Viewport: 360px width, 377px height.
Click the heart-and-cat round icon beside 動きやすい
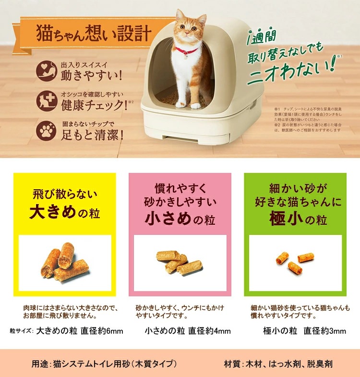(x=47, y=70)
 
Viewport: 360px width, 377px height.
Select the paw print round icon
(x=47, y=130)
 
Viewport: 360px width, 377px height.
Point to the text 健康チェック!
(x=94, y=104)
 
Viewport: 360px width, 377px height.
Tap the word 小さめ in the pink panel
(x=166, y=219)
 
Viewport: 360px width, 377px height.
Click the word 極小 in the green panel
(x=281, y=219)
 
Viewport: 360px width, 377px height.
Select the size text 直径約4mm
(x=210, y=331)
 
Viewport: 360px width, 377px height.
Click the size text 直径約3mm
(x=325, y=331)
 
